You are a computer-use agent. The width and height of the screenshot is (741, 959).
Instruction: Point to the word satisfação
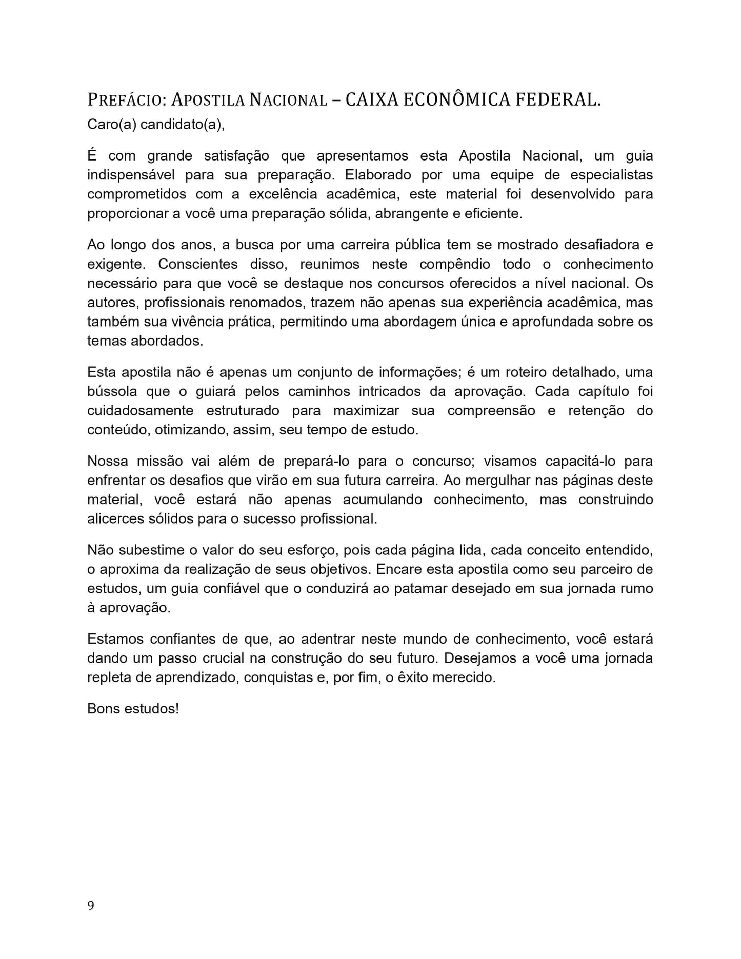click(x=236, y=156)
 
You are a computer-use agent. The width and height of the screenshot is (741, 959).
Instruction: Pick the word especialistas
click(x=612, y=175)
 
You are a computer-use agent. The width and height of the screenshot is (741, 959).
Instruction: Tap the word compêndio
click(x=455, y=264)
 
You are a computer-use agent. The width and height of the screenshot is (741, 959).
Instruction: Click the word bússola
click(x=112, y=392)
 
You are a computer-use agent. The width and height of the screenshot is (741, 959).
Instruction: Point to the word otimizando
click(x=191, y=430)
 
